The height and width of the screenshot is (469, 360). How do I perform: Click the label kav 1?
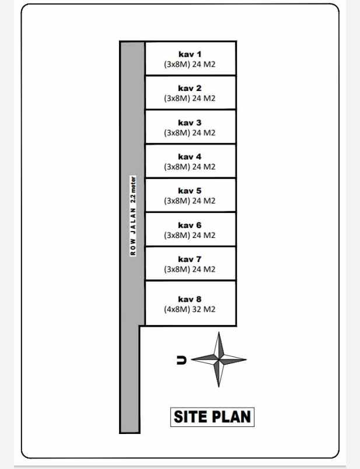coord(190,54)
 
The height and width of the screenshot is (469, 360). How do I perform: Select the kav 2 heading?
coord(190,89)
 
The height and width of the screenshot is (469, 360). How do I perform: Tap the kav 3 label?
coord(190,123)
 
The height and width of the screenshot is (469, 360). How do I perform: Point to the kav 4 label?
coord(190,156)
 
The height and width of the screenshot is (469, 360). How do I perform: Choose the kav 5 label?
coord(190,191)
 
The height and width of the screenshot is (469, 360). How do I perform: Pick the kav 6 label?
coord(190,225)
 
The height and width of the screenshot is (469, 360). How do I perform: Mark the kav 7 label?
coord(190,259)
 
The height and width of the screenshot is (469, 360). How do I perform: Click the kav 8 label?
coord(190,299)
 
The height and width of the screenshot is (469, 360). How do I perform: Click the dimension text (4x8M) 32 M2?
coord(190,310)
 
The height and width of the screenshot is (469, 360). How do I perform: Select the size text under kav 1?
coord(190,65)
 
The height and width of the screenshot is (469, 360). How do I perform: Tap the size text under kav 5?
coord(190,201)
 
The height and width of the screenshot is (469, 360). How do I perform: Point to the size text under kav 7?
coord(190,269)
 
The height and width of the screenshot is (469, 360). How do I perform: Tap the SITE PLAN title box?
coord(212,416)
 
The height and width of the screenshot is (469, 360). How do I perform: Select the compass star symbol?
coord(219,359)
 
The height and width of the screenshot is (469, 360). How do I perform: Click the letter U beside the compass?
coord(181,360)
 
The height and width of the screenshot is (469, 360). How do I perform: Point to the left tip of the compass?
coord(193,359)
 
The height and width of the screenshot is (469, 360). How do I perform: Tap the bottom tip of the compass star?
coord(219,386)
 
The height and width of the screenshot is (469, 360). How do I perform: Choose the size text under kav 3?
coord(190,133)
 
